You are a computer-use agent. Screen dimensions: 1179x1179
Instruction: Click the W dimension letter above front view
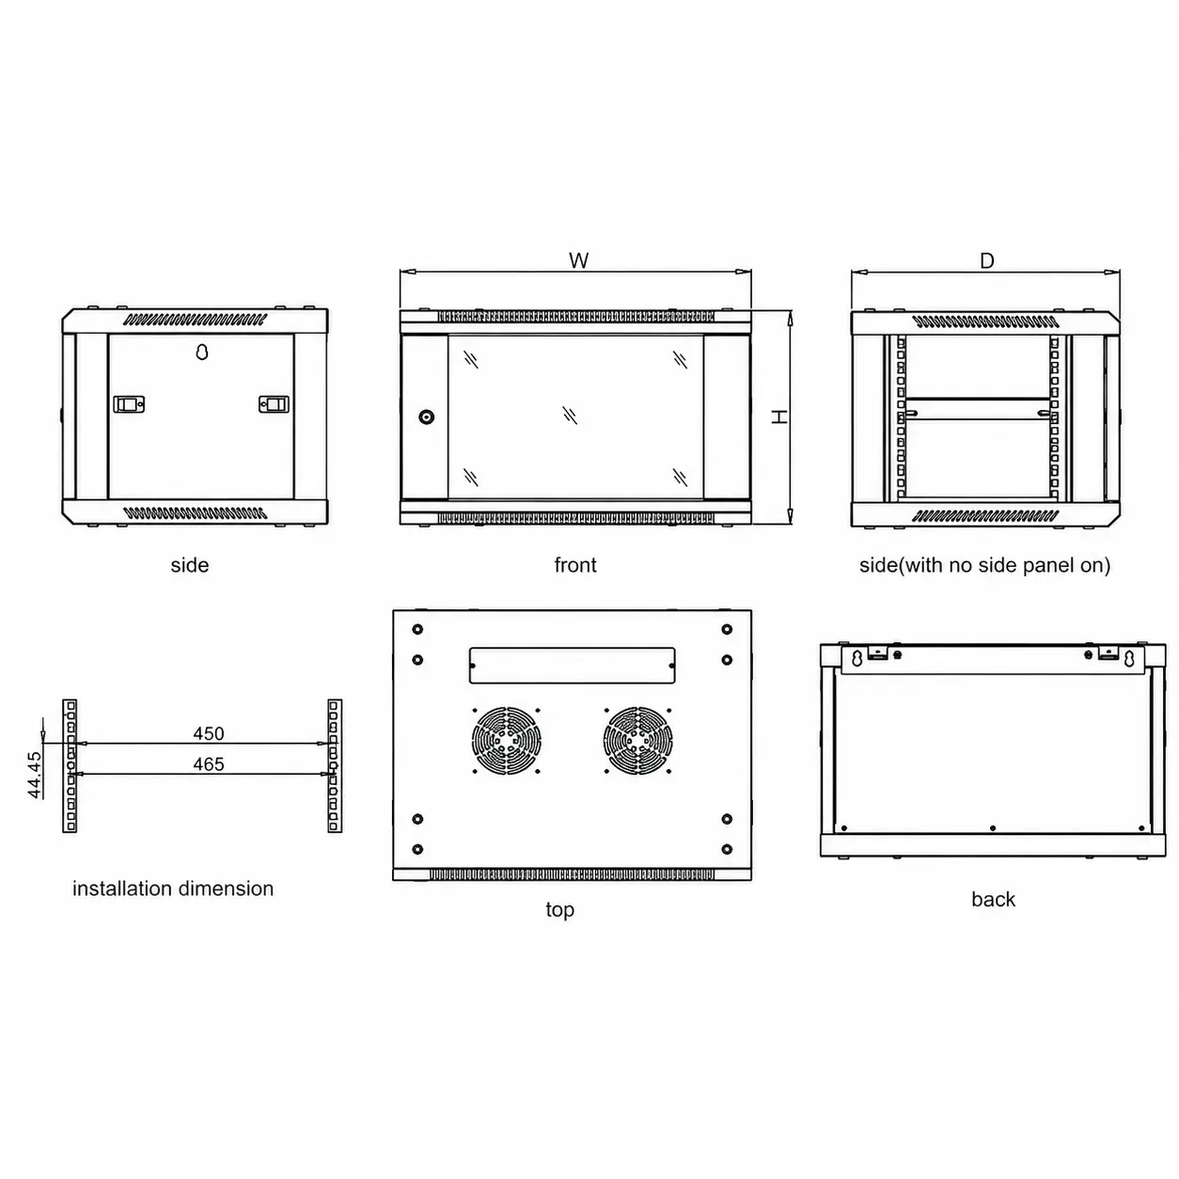point(578,260)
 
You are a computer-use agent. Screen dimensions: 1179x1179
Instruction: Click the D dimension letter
point(986,261)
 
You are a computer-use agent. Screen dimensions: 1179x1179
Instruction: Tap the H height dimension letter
point(778,417)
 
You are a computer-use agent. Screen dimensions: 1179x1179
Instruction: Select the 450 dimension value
point(209,733)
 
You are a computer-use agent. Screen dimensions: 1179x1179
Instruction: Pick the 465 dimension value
point(209,763)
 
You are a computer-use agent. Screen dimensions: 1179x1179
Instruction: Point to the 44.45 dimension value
point(35,775)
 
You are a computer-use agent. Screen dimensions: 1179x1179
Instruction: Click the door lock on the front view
point(427,417)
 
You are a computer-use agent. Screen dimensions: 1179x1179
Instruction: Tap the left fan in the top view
point(506,740)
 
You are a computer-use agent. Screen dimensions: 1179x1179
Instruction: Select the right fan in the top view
point(637,740)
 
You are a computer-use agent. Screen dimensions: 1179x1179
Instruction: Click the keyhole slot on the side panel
point(202,352)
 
